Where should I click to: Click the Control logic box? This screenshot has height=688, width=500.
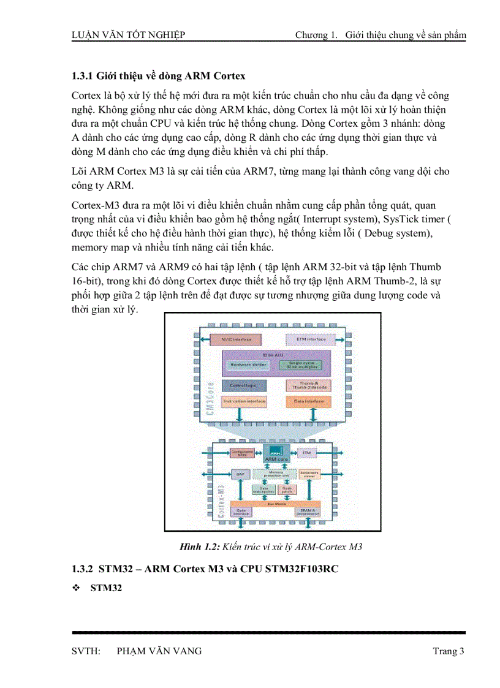coord(244,385)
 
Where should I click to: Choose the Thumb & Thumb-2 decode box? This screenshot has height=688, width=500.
coord(308,386)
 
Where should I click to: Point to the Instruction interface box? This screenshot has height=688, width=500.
coord(244,402)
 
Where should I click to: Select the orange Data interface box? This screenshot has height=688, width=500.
coord(308,402)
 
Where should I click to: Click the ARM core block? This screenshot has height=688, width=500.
coord(276,454)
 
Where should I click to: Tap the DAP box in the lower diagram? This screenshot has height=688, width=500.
coord(240,474)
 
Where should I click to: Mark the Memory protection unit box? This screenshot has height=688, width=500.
coord(276,474)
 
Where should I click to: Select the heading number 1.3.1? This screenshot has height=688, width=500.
coord(81,76)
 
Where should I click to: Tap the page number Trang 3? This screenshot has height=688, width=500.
coord(449,651)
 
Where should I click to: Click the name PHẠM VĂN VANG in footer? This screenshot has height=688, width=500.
coord(159,651)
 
